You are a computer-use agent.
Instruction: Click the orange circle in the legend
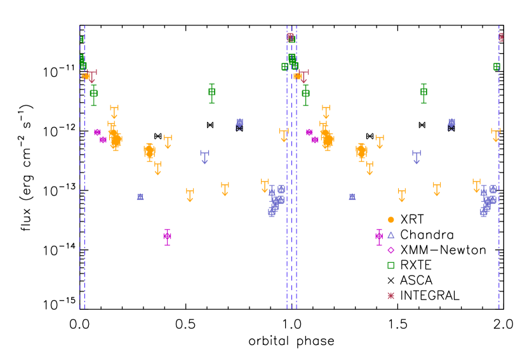pyautogui.click(x=391, y=220)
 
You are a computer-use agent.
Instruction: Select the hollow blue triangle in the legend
pyautogui.click(x=391, y=235)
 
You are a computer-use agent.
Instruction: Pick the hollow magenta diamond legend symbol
pyautogui.click(x=391, y=250)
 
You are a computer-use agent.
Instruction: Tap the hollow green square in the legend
pyautogui.click(x=391, y=265)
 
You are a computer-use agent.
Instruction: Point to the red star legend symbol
pyautogui.click(x=391, y=295)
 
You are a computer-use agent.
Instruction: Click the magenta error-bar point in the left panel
pyautogui.click(x=167, y=236)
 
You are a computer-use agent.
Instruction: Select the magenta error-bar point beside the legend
pyautogui.click(x=379, y=236)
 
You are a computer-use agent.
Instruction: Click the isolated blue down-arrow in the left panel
pyautogui.click(x=204, y=156)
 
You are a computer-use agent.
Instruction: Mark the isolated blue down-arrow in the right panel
pyautogui.click(x=417, y=156)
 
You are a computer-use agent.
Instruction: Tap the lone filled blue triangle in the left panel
pyautogui.click(x=140, y=197)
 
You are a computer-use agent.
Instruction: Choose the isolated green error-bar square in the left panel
pyautogui.click(x=211, y=92)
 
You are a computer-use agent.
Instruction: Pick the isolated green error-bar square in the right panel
pyautogui.click(x=424, y=92)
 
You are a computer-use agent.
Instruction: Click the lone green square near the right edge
pyautogui.click(x=497, y=67)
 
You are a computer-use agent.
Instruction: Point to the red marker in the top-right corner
pyautogui.click(x=501, y=37)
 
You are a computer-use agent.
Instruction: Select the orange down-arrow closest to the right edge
pyautogui.click(x=496, y=135)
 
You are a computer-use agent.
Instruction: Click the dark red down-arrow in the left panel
pyautogui.click(x=92, y=76)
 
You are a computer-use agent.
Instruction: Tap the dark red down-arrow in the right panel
pyautogui.click(x=304, y=76)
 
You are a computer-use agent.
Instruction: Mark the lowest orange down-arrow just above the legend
pyautogui.click(x=401, y=194)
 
